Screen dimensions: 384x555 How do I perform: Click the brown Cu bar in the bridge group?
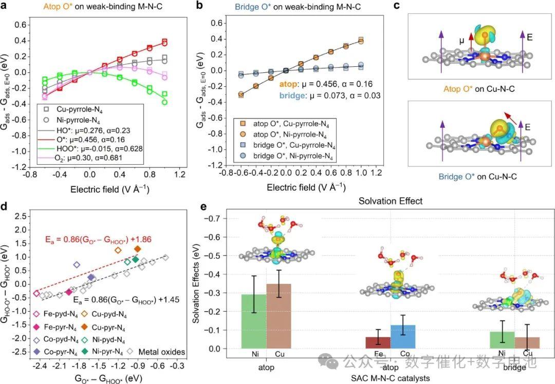pos(528,343)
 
